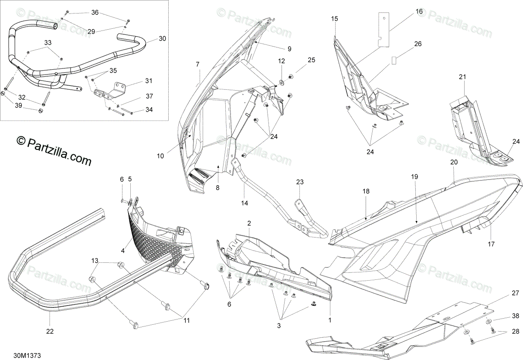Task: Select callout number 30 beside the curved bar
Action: tap(162, 39)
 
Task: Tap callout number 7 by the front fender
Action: tap(197, 65)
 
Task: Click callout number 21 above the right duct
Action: tap(462, 77)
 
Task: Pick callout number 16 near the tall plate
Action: tap(419, 11)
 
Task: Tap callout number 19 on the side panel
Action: tap(414, 177)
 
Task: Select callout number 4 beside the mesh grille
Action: tap(123, 251)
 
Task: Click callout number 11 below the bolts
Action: tap(187, 321)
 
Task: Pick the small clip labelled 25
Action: tap(291, 77)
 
